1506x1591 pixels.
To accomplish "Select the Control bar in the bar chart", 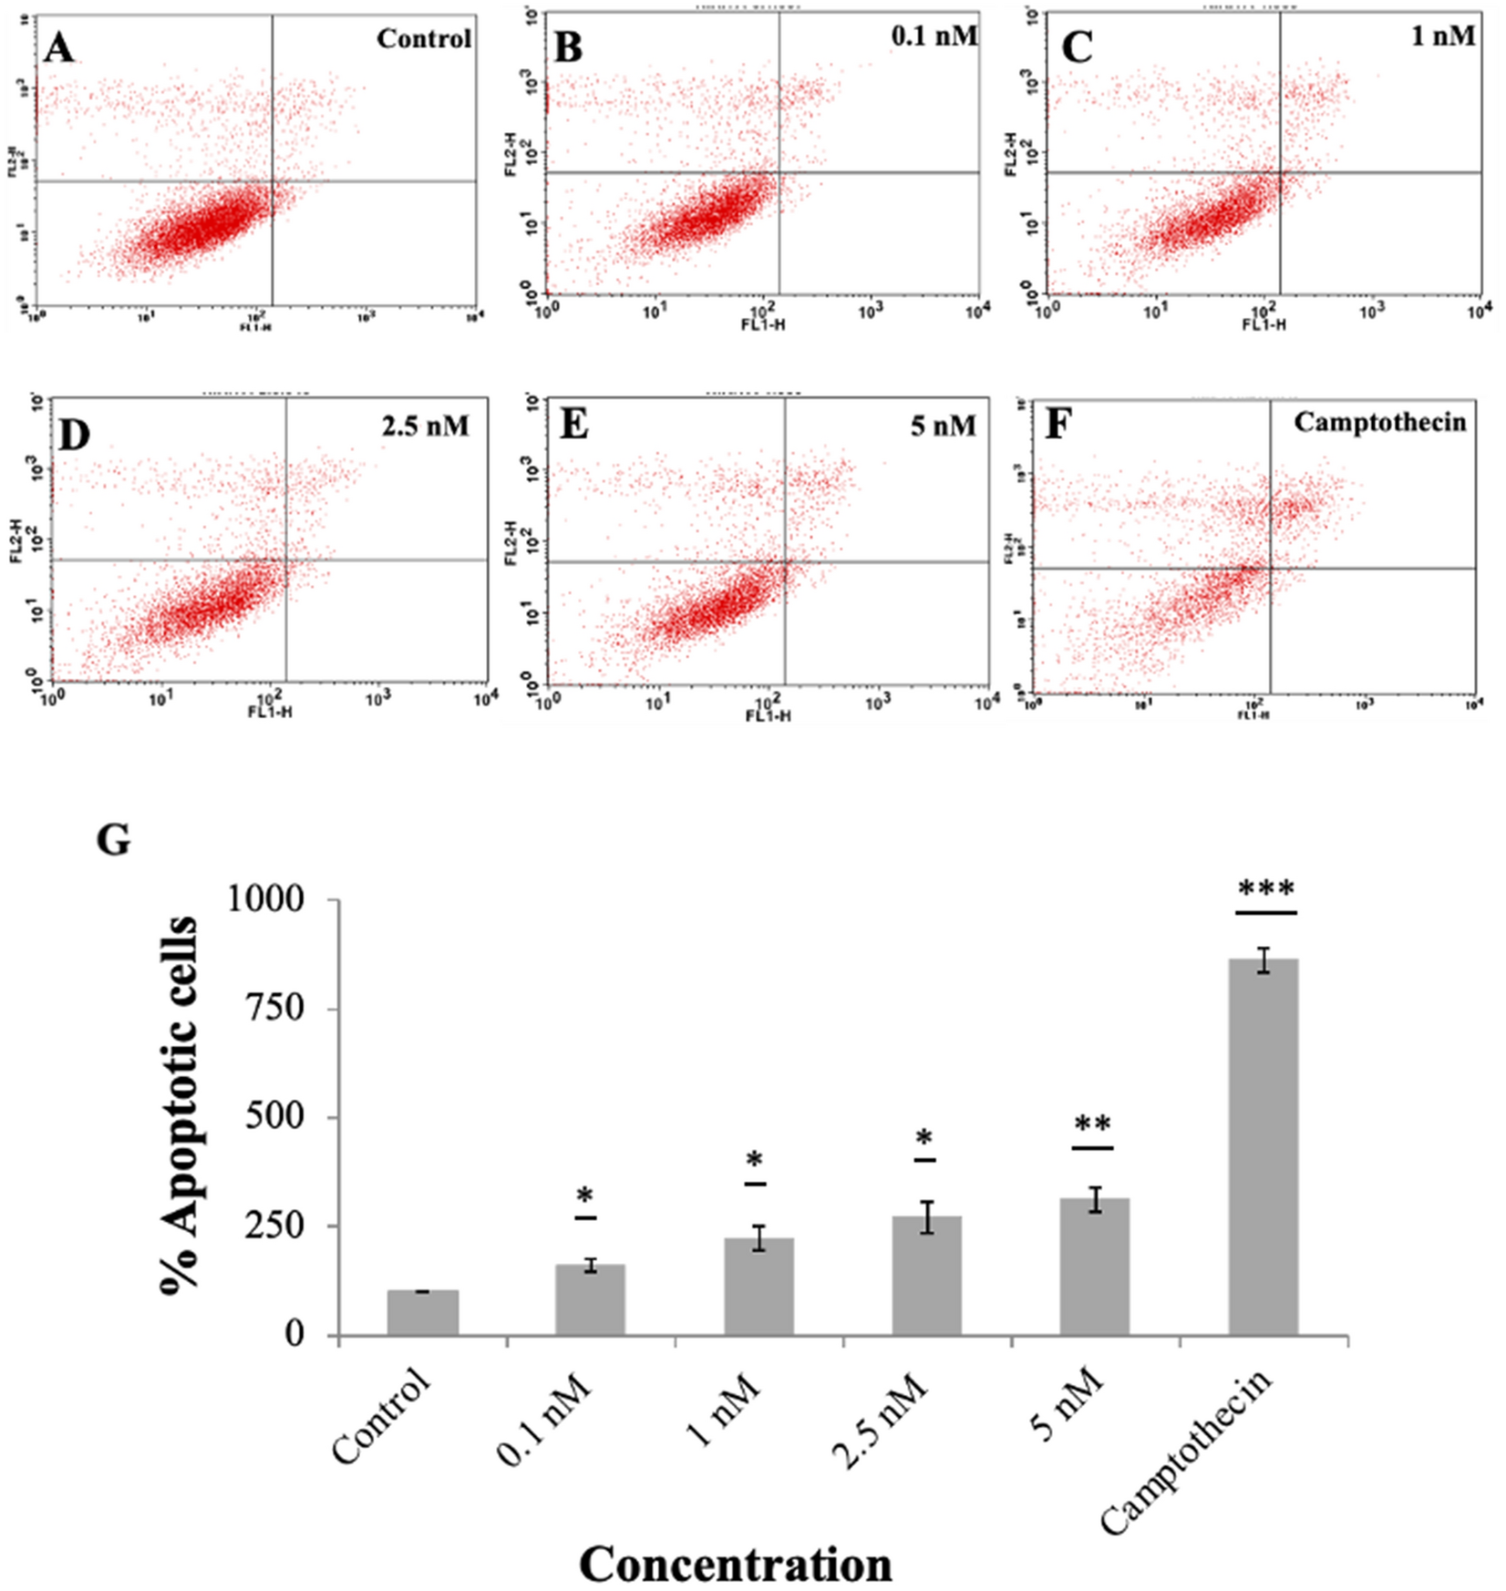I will (x=422, y=1312).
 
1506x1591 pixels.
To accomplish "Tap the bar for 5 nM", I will (x=1094, y=1266).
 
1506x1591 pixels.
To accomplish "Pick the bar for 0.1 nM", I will (x=590, y=1298).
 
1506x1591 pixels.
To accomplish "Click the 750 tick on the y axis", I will (x=273, y=1007).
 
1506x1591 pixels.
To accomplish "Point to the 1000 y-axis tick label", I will (x=264, y=898).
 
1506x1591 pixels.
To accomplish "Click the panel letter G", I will (x=114, y=839).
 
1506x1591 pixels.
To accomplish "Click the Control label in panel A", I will (x=424, y=39).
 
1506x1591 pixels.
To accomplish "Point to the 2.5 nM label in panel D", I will (x=425, y=425).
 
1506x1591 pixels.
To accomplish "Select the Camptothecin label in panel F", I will (x=1379, y=422).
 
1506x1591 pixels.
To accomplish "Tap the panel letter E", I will (x=574, y=425).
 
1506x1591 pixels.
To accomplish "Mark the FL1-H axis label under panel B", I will (x=762, y=324).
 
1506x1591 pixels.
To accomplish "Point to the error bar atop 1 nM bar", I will (x=758, y=1237).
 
